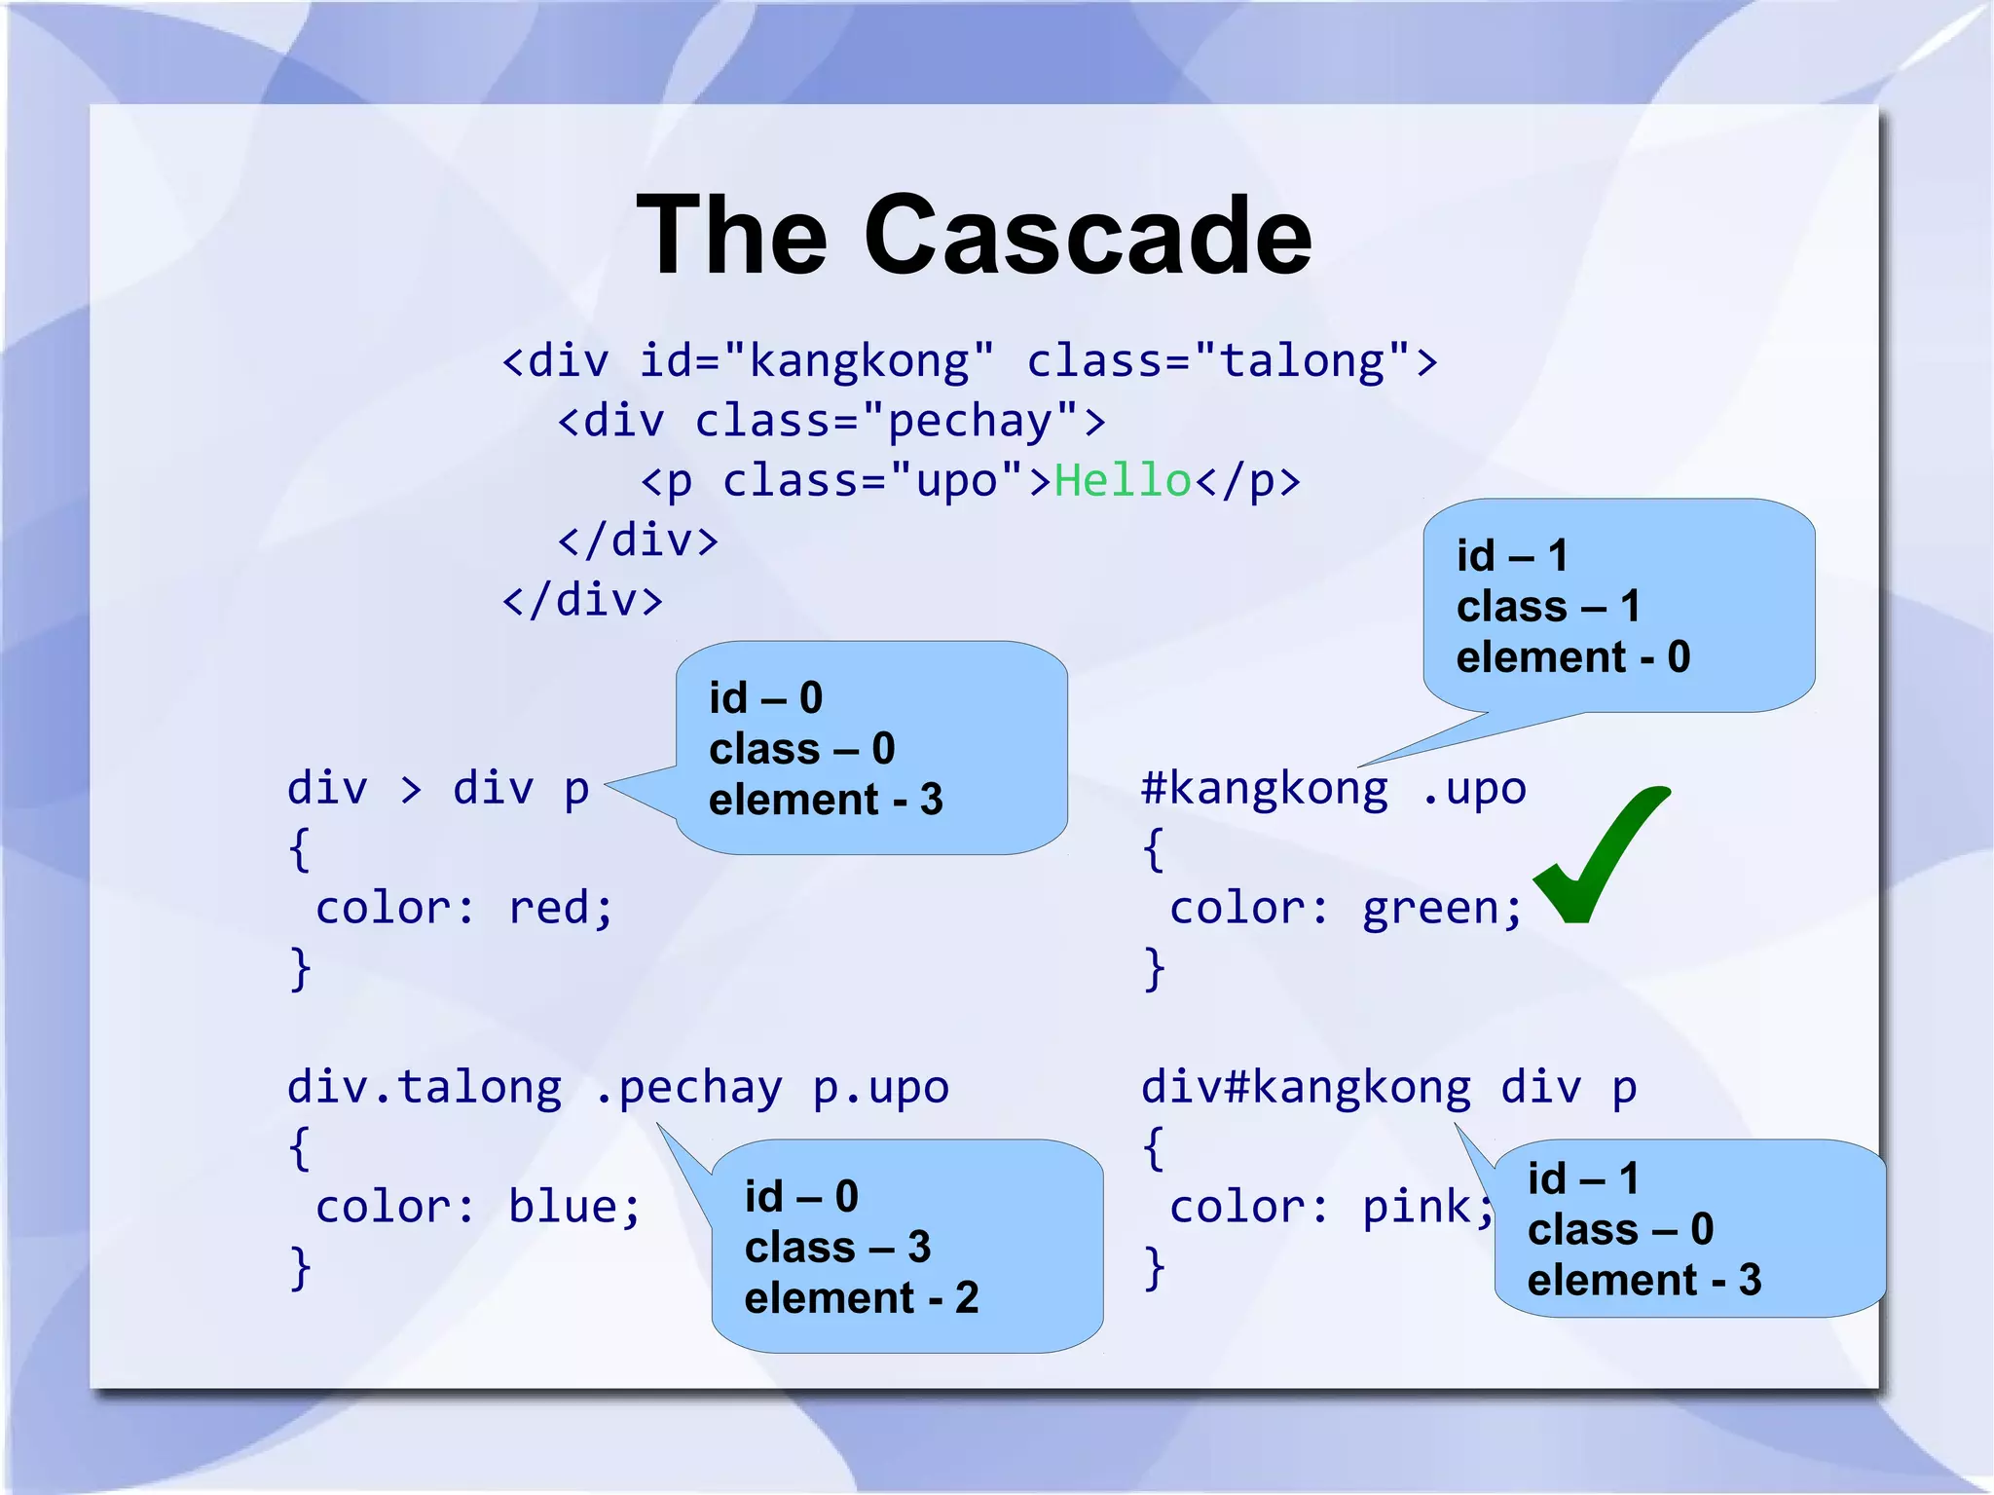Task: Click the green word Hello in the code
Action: coord(1123,481)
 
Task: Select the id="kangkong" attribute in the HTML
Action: coord(817,361)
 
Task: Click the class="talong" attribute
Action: coord(1219,361)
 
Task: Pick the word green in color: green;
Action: coord(1430,909)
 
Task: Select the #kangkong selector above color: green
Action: coord(1264,789)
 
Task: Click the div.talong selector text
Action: coord(425,1088)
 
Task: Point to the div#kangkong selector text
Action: coord(1306,1088)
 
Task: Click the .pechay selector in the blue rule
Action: coord(687,1088)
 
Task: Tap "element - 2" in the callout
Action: coord(861,1298)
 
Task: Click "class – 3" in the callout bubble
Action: coord(837,1248)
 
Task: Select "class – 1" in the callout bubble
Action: coord(1548,607)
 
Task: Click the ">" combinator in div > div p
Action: coord(411,789)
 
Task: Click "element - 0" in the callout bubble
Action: coord(1572,657)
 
